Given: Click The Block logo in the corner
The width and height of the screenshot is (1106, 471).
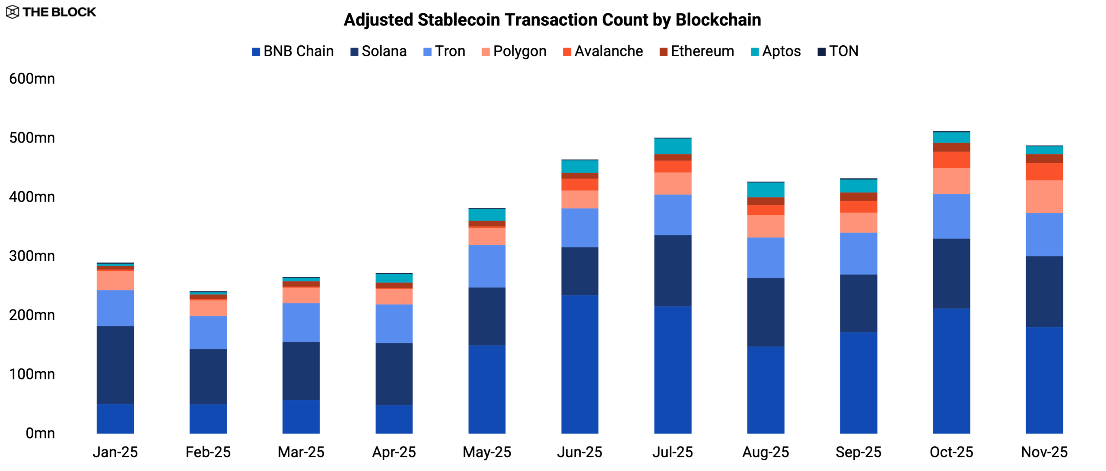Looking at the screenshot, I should point(51,12).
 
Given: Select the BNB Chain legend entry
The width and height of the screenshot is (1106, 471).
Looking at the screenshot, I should point(293,51).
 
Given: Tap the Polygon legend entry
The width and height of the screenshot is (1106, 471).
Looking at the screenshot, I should point(514,51).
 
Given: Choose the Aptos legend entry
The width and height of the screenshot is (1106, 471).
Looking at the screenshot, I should point(776,51).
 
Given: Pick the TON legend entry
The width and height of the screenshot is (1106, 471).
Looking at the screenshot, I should point(838,51).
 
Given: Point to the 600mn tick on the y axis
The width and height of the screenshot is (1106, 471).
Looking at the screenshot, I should point(32,79).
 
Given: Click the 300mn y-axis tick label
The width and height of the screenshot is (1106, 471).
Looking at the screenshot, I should point(32,256).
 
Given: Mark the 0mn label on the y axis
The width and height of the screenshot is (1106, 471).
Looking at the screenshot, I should point(40,433).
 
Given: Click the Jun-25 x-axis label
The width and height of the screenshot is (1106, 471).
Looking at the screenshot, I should point(579,452).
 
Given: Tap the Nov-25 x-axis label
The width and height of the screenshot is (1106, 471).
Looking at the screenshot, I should point(1044,452).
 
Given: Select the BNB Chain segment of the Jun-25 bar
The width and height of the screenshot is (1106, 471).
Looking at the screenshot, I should point(580,364).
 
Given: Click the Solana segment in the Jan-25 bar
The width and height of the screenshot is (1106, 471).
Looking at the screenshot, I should point(115,365).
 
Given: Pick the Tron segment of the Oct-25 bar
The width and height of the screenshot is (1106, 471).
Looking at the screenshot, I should point(951,216).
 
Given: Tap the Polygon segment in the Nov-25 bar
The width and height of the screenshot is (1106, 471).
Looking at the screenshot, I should point(1044,196).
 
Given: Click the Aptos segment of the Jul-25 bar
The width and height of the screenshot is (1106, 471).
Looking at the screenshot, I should point(673,146).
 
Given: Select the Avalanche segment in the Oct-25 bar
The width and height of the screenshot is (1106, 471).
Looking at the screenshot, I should point(951,160).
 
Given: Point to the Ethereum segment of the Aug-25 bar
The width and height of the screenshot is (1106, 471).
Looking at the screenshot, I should point(766,201).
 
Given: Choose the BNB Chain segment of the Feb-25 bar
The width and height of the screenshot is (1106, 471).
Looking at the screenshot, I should point(208,419).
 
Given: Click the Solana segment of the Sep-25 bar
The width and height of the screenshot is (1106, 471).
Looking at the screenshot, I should point(858,303).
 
